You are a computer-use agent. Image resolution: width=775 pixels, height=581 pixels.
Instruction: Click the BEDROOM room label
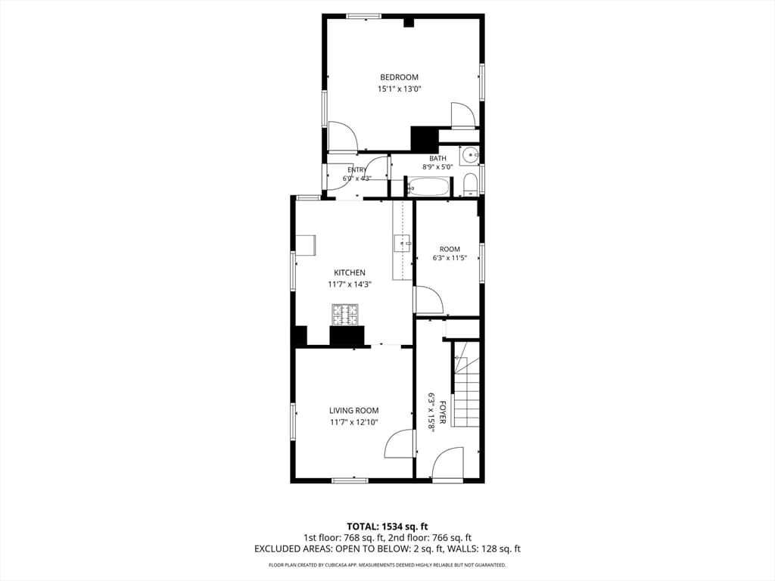[399, 77]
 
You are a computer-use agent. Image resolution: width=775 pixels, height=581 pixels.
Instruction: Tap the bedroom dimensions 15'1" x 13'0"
[399, 89]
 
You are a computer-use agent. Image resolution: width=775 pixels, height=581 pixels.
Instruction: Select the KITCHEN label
[350, 272]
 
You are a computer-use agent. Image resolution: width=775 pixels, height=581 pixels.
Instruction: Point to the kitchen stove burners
[345, 315]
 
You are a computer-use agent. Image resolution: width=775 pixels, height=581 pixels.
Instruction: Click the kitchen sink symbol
[402, 243]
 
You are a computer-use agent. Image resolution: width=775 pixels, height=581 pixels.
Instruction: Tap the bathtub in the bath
[428, 187]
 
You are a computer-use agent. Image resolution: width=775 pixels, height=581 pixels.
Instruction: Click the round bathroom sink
[469, 156]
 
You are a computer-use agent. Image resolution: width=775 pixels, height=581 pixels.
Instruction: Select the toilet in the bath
[470, 184]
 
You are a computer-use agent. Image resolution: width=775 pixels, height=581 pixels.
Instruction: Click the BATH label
[437, 159]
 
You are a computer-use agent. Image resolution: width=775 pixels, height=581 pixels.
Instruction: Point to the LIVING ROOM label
[354, 411]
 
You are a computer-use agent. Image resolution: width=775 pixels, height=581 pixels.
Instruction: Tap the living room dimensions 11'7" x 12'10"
[354, 422]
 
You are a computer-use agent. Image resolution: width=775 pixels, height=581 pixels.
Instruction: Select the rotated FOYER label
[443, 412]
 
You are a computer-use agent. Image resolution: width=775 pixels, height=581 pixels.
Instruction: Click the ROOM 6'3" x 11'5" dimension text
[450, 258]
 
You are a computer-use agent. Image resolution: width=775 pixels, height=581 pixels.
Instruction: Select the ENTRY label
[357, 170]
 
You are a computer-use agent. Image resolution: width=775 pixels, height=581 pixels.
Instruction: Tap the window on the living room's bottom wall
[350, 480]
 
